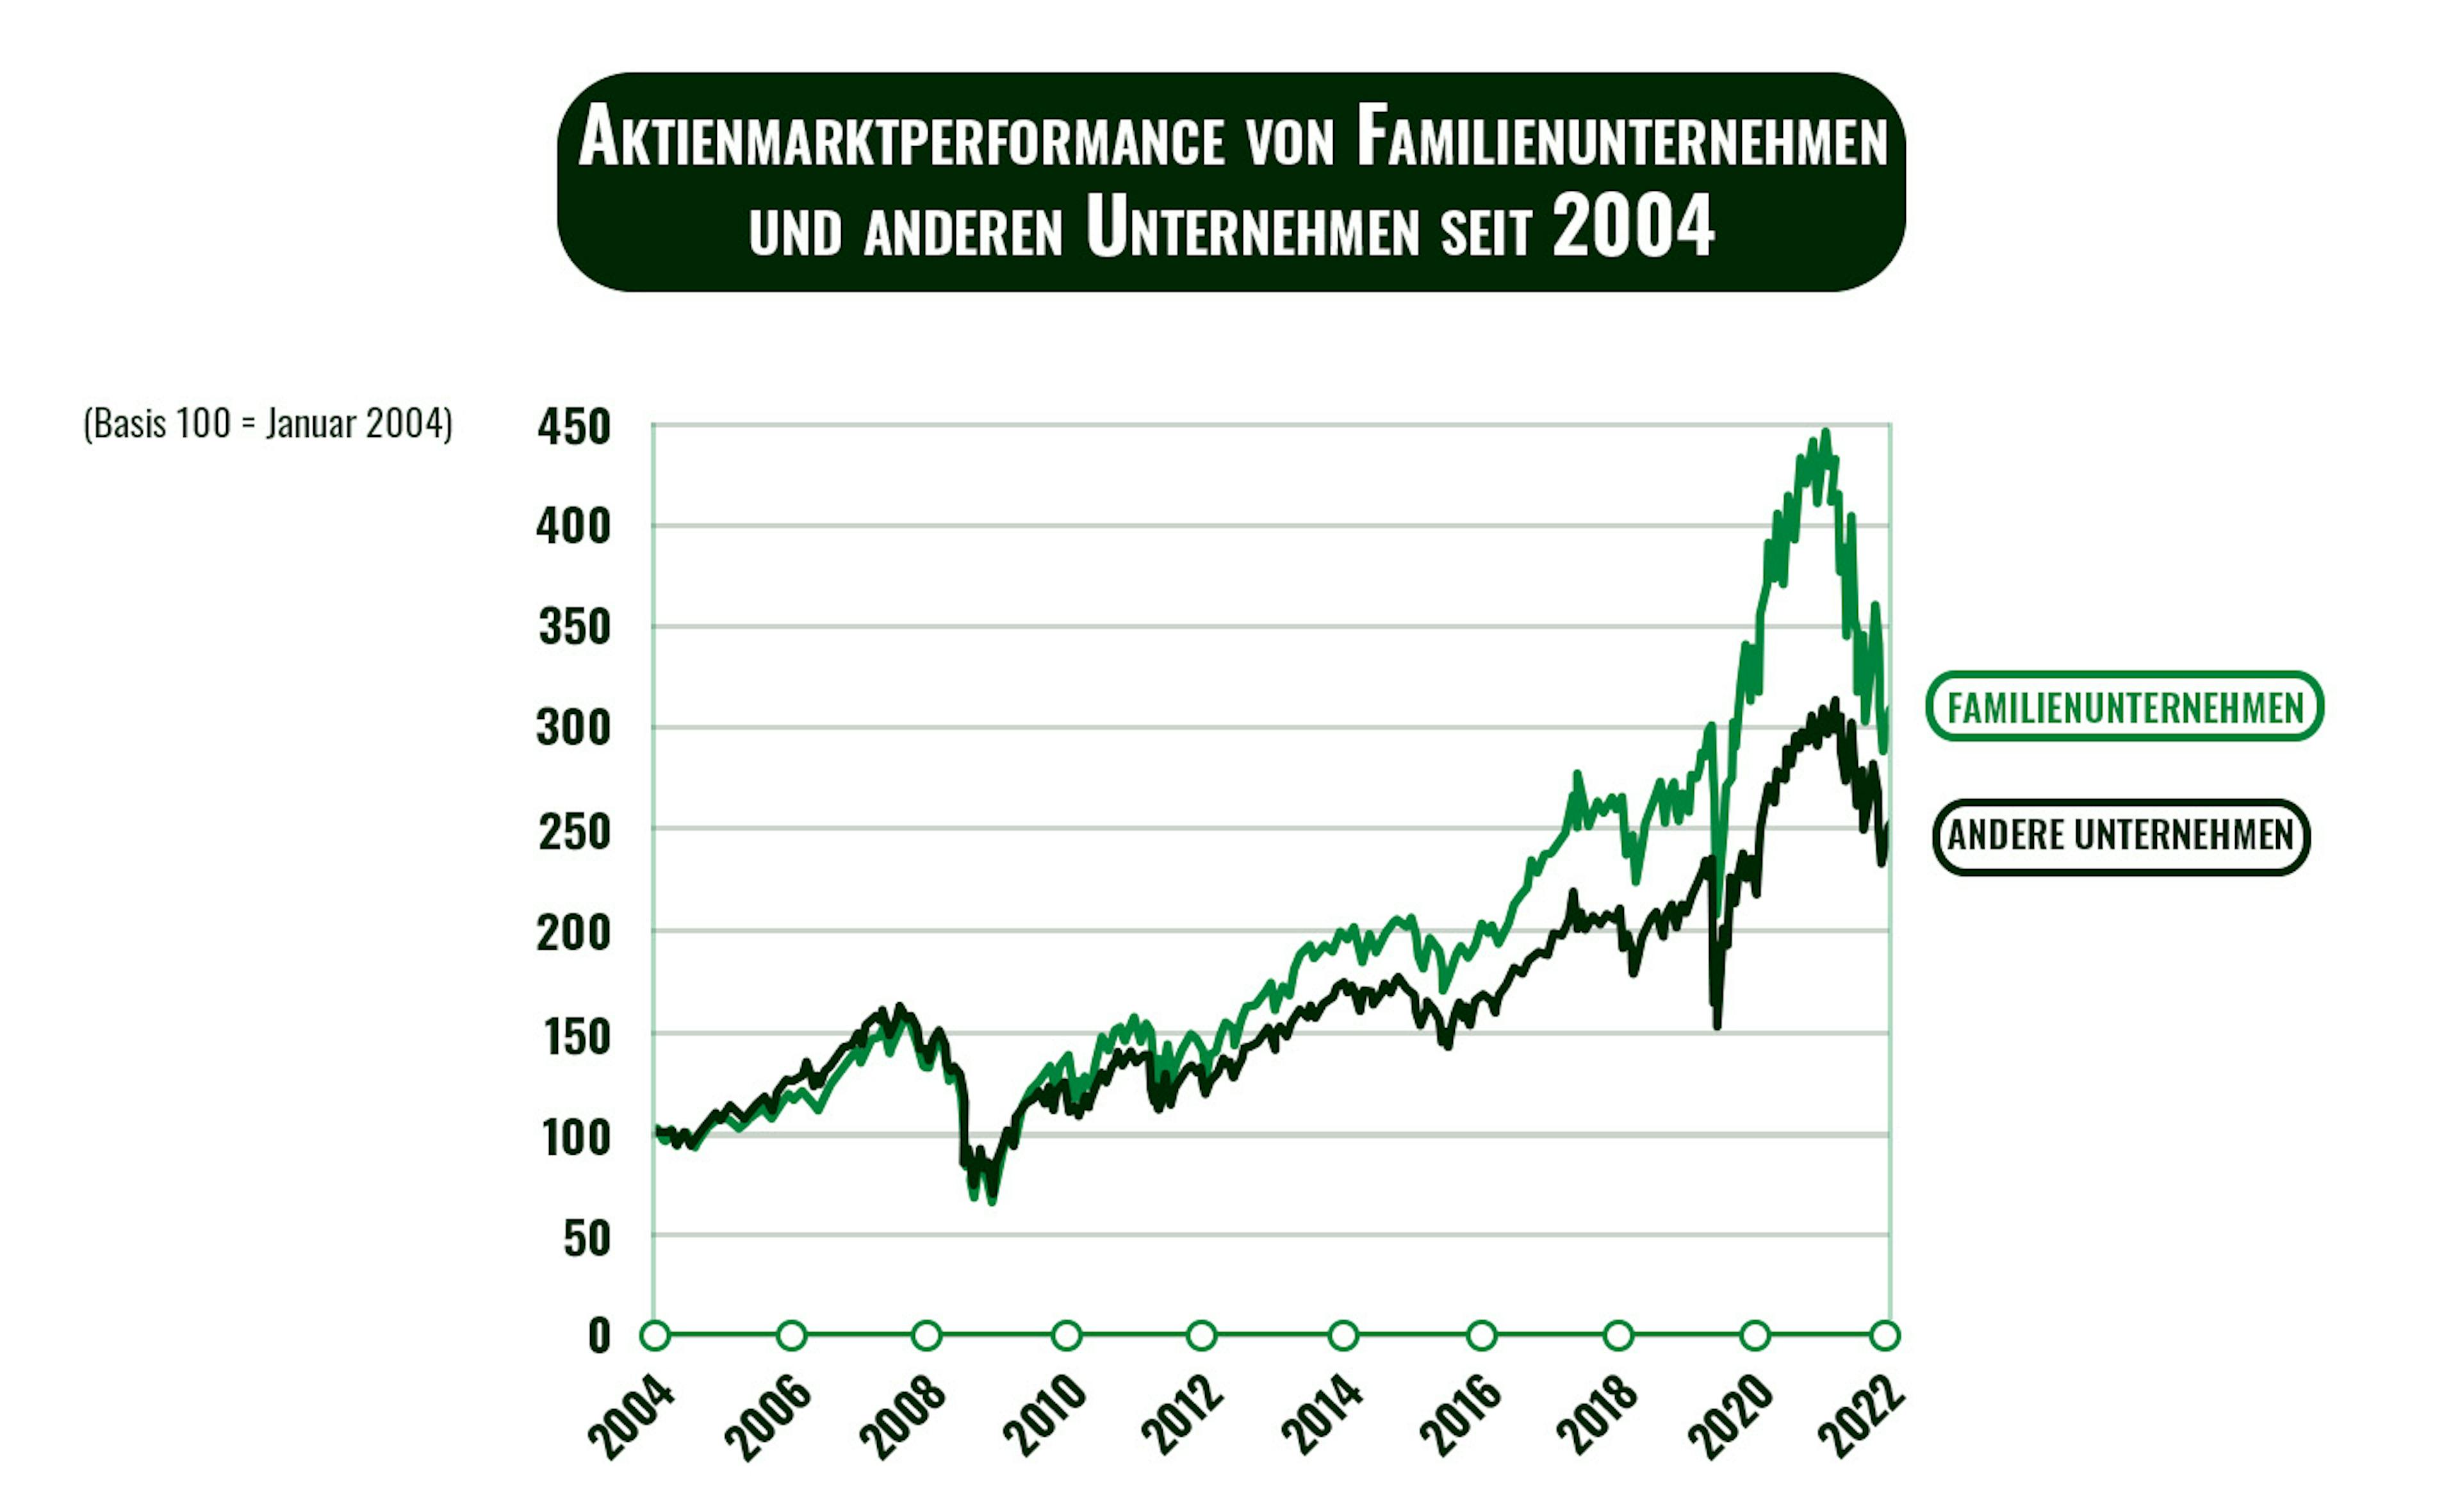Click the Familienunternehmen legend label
pyautogui.click(x=2124, y=707)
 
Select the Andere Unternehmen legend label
pyautogui.click(x=2120, y=836)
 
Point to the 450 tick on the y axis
pyautogui.click(x=573, y=427)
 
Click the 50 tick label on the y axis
pyautogui.click(x=586, y=1239)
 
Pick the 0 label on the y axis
pyautogui.click(x=599, y=1335)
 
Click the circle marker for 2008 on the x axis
pyautogui.click(x=928, y=1335)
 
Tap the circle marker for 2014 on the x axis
pyautogui.click(x=1344, y=1335)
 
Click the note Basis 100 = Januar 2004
pyautogui.click(x=268, y=424)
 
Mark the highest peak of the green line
pyautogui.click(x=1825, y=433)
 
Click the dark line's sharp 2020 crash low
pyautogui.click(x=1718, y=1026)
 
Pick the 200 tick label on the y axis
pyautogui.click(x=573, y=933)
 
